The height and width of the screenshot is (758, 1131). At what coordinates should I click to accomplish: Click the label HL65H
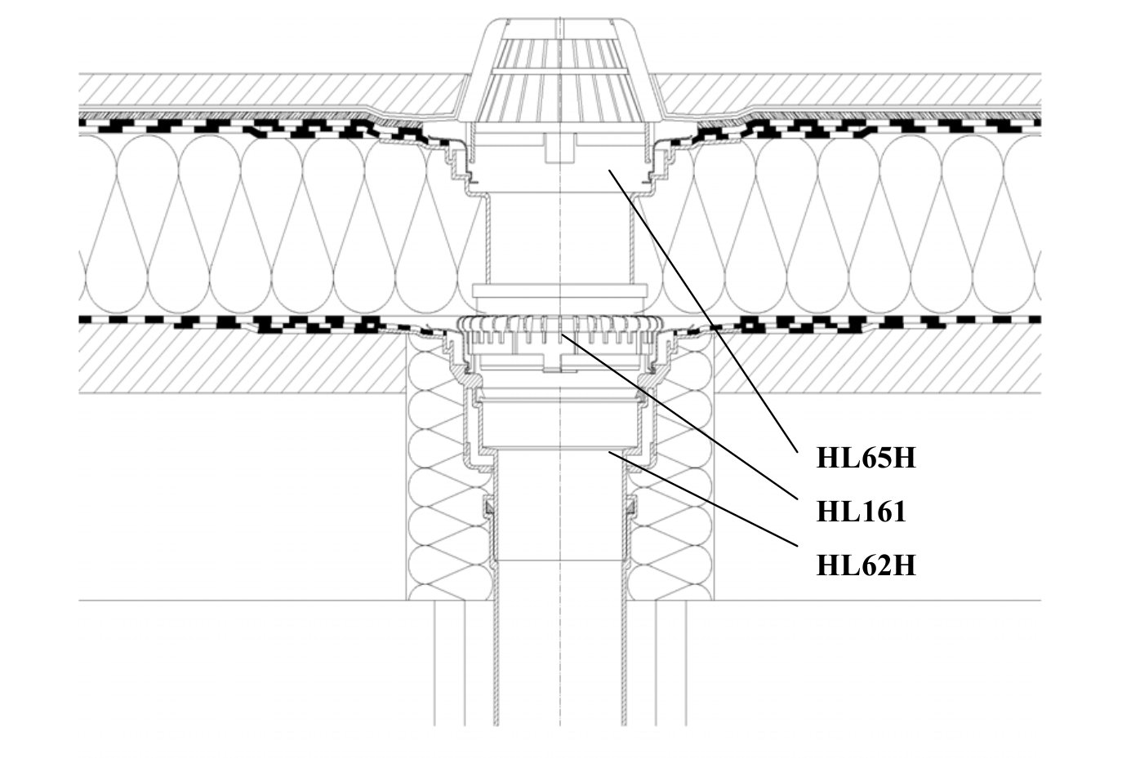click(866, 459)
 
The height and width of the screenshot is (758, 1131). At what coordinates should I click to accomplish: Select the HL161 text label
click(861, 512)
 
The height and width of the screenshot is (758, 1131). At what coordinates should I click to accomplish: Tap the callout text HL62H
click(866, 565)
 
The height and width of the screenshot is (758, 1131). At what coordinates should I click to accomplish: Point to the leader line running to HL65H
click(702, 310)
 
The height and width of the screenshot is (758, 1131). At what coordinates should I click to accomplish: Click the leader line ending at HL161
click(678, 416)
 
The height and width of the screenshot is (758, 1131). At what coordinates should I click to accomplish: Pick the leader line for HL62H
click(702, 498)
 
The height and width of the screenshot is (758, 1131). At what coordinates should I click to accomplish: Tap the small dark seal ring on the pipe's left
click(489, 509)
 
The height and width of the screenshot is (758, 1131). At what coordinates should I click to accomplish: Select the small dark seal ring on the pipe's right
click(631, 509)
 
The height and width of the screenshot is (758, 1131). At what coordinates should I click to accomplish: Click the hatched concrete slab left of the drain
click(245, 363)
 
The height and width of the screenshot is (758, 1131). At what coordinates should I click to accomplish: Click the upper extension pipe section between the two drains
click(560, 237)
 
